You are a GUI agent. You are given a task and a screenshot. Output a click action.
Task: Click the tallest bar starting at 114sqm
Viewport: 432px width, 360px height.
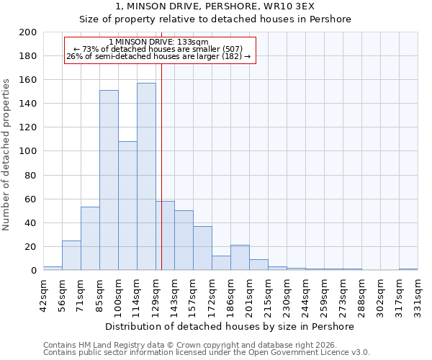pos(146,176)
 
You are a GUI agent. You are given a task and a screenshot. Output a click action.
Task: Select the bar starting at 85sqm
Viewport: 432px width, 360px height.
pos(109,180)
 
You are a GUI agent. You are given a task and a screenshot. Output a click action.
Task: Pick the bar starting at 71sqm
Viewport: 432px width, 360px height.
pos(90,238)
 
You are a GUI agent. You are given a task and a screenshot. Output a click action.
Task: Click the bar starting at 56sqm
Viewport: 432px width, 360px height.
pos(71,255)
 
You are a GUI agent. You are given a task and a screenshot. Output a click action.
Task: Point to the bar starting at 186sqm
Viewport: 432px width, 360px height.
pos(240,257)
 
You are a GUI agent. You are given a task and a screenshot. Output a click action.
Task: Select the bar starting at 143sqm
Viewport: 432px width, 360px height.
pos(184,240)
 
